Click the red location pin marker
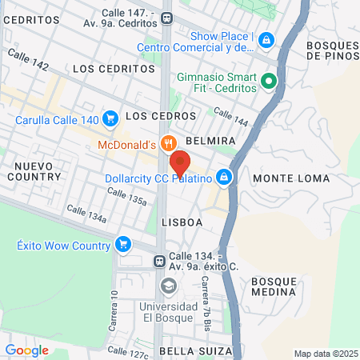[x=180, y=162]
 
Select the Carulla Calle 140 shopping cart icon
[x=111, y=121]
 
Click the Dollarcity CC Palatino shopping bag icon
[x=226, y=178]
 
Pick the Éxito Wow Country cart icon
[x=122, y=244]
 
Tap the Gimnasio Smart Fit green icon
[x=270, y=80]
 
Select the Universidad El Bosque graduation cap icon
[x=168, y=286]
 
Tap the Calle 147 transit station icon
[x=166, y=18]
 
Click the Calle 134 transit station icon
[x=160, y=261]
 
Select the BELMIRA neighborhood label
[x=210, y=140]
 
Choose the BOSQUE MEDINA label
[x=274, y=286]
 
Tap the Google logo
[x=26, y=350]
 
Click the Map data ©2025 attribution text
[x=326, y=354]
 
